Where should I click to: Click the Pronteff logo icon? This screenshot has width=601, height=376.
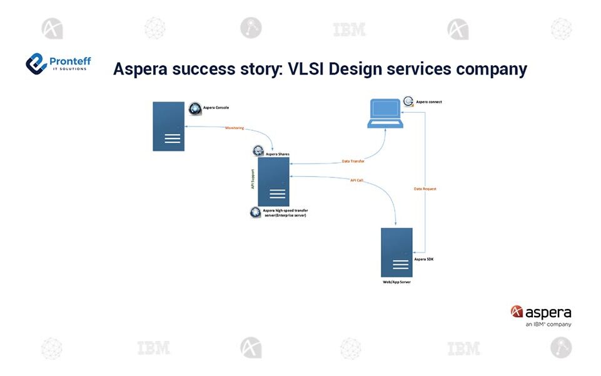click(x=37, y=63)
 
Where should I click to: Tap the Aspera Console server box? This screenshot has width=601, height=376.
click(x=168, y=126)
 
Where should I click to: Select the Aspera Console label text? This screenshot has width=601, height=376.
click(x=216, y=108)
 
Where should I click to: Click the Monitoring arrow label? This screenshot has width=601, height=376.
click(x=235, y=128)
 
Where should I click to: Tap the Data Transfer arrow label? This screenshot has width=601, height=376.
click(x=353, y=161)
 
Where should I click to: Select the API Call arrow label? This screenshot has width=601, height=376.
click(x=356, y=180)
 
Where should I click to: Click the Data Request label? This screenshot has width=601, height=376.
click(x=425, y=189)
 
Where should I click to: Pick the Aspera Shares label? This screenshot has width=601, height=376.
click(x=278, y=154)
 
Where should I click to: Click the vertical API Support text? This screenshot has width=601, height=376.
click(x=253, y=177)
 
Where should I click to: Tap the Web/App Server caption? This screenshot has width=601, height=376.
click(x=396, y=283)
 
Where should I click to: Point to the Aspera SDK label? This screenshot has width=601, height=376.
click(x=424, y=258)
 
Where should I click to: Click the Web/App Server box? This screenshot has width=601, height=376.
click(x=396, y=252)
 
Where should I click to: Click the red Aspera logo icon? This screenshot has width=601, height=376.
click(x=517, y=311)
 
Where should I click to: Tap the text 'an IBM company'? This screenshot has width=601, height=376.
click(x=548, y=325)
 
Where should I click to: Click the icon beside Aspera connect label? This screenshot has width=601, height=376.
click(x=408, y=102)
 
